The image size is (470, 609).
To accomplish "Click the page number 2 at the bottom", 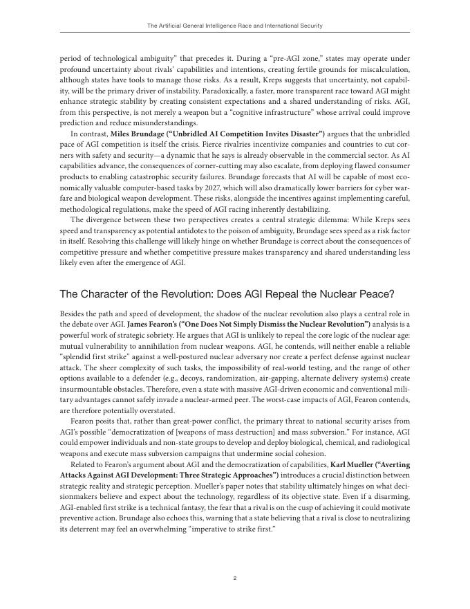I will (235, 578).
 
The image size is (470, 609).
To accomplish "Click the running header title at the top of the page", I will (235, 26).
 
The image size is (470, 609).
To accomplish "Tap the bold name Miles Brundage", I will (119, 133).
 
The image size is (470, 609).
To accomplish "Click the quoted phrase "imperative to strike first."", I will (220, 529).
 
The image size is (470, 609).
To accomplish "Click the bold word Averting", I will (395, 465).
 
